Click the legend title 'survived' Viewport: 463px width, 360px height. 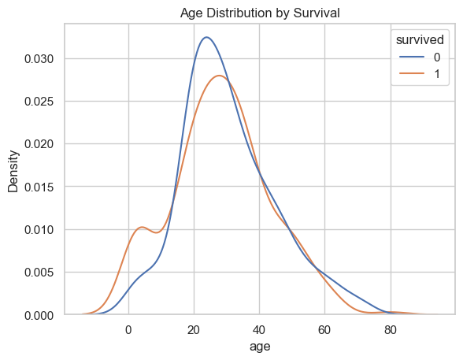420,39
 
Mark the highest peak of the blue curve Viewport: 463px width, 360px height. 206,37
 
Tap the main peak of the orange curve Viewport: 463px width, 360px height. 220,76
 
